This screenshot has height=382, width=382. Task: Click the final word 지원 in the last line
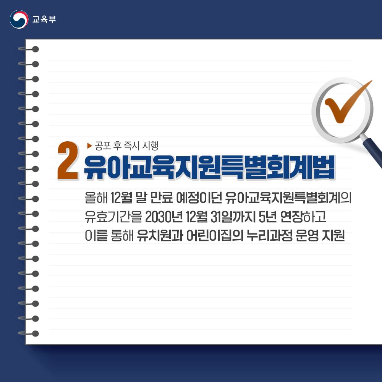(334, 236)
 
